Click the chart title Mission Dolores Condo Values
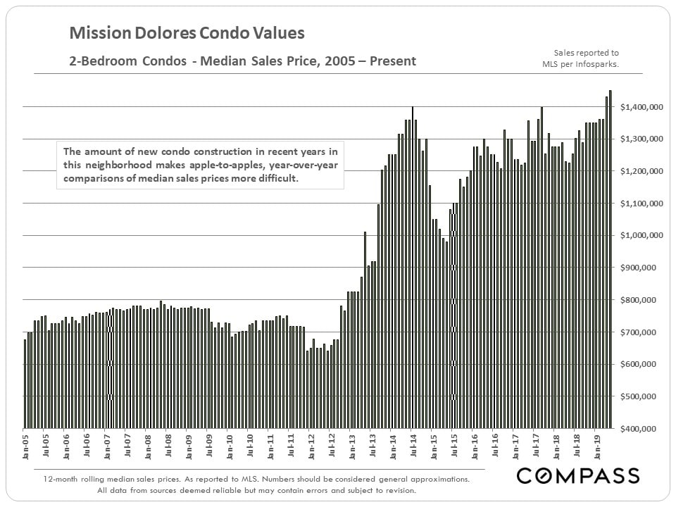[x=187, y=33]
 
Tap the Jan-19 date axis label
[x=596, y=445]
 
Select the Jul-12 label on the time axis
[x=331, y=445]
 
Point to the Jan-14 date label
[x=392, y=445]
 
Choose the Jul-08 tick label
[x=168, y=445]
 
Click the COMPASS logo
[x=578, y=476]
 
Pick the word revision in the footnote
[x=398, y=490]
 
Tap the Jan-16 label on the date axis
[x=475, y=445]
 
